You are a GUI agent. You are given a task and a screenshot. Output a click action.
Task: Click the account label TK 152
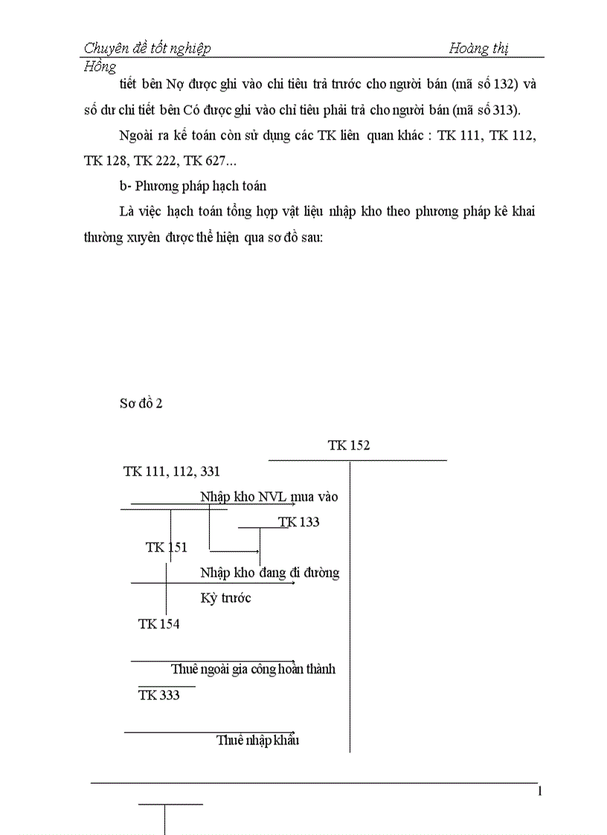(x=348, y=446)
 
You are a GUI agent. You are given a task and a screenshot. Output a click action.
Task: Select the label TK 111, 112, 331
(x=171, y=471)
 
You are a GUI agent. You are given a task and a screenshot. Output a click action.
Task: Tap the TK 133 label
(x=299, y=522)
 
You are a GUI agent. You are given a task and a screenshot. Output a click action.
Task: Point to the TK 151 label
(x=167, y=547)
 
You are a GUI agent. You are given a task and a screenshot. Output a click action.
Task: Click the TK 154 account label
(x=158, y=624)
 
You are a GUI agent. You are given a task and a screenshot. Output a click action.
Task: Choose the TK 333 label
(x=158, y=695)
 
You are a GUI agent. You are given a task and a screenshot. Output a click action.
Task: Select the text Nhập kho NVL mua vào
(x=269, y=497)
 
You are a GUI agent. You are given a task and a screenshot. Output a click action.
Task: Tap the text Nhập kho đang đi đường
(x=269, y=573)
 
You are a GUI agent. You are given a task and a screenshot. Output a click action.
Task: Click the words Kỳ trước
(x=225, y=598)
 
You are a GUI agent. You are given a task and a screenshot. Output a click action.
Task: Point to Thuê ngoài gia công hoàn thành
(x=253, y=669)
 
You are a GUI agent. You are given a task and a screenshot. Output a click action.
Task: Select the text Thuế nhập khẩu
(x=257, y=741)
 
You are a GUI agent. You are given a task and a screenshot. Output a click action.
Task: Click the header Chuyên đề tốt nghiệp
(x=147, y=48)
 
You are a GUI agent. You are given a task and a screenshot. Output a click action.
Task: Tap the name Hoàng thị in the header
(x=479, y=48)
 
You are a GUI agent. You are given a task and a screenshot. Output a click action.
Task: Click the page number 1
(x=540, y=791)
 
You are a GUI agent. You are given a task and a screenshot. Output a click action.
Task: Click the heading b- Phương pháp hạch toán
(x=192, y=187)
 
